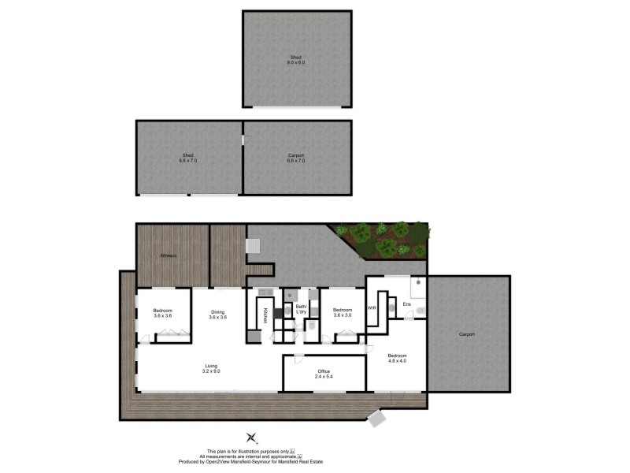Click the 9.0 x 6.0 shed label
point(296,60)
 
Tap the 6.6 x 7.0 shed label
point(188,158)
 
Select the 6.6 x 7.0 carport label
point(296,158)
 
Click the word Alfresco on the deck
point(168,256)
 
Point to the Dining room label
point(218,315)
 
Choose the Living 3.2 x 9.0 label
point(211,368)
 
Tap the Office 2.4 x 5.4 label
point(324,374)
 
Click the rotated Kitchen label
point(265,315)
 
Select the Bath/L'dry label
point(301,310)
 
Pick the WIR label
point(372,308)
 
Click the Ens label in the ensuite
point(407,304)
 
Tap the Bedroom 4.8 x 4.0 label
point(396,359)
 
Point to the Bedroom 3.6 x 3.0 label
point(343,312)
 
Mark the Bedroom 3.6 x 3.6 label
point(163,313)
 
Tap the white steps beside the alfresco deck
point(254,247)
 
